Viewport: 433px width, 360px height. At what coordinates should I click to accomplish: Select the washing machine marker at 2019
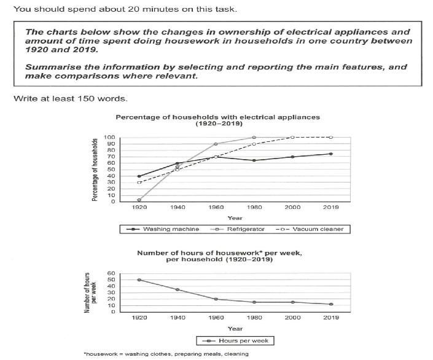point(330,154)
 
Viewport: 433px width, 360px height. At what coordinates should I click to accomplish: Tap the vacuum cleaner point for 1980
point(254,144)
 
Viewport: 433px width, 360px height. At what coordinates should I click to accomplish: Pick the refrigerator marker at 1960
point(215,144)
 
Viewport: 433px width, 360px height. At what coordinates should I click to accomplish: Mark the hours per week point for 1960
point(215,299)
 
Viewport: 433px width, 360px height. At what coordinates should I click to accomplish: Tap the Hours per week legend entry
point(235,340)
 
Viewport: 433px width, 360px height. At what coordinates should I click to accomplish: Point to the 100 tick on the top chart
point(109,138)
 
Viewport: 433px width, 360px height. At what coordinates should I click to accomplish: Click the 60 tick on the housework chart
point(111,273)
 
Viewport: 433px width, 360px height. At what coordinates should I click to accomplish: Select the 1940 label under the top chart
point(178,208)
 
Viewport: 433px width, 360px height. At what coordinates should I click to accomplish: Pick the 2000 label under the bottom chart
point(292,318)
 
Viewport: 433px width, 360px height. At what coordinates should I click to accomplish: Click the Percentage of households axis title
point(95,169)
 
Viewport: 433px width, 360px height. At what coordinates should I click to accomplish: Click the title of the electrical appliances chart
point(218,119)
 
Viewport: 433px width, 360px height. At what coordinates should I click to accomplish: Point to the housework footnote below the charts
point(168,354)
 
